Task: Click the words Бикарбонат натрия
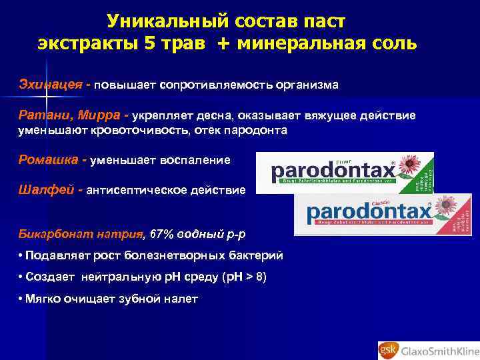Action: tap(80, 233)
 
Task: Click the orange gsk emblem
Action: tap(388, 347)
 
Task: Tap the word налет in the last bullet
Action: tap(181, 299)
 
